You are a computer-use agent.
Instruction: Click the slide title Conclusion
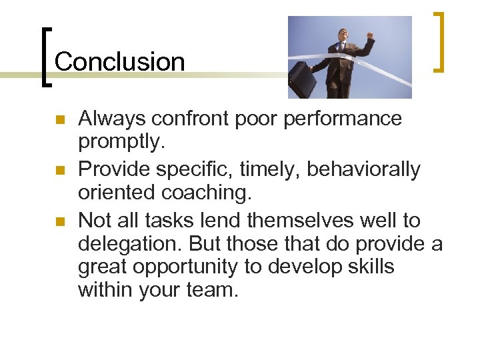(x=119, y=62)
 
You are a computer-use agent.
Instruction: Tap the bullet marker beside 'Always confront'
(x=59, y=121)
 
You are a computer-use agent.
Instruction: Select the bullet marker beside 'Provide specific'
(x=59, y=171)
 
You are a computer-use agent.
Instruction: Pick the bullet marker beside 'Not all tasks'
(x=59, y=221)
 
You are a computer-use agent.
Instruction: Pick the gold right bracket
(x=440, y=41)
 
